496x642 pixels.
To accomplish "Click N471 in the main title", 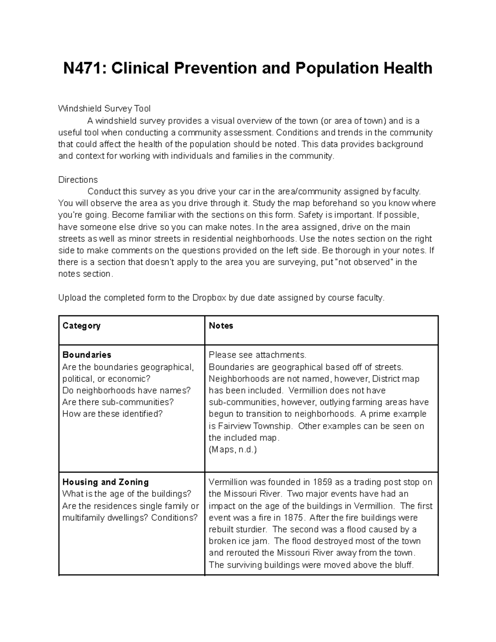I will coord(84,68).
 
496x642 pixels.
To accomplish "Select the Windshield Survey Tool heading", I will coord(104,109).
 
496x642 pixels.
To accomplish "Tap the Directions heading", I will coord(78,180).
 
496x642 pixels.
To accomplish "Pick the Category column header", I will coord(81,326).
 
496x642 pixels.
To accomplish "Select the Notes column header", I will coord(221,326).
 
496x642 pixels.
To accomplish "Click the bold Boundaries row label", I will coord(86,355).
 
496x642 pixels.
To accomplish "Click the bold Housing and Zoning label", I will coord(105,482).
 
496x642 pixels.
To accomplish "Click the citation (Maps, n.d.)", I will coord(233,450).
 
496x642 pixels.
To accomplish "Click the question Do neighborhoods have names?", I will coord(126,391).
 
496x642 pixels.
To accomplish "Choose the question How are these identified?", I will coord(112,414).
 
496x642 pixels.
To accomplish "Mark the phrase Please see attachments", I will coord(258,355).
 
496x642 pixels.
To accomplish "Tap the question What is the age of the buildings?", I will coord(126,494).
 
